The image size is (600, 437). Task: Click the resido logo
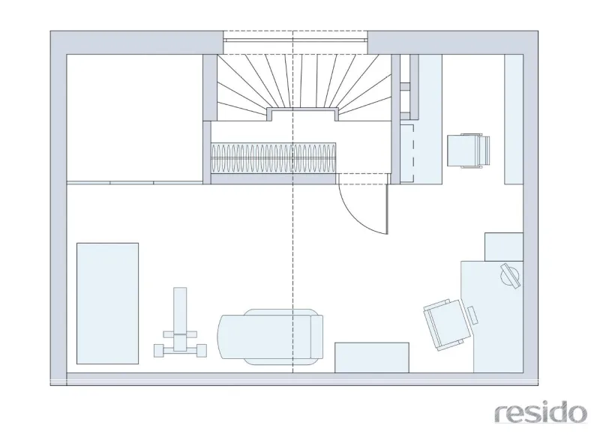[x=540, y=413]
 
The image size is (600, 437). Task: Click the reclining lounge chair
[x=270, y=337]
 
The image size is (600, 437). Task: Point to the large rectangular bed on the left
[x=107, y=303]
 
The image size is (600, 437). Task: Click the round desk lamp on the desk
[x=510, y=275]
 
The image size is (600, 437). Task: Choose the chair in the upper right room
[x=468, y=150]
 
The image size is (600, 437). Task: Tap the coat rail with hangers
[x=273, y=158]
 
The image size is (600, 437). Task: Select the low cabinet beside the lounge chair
[x=372, y=358]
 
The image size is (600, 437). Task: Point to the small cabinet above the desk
[x=504, y=247]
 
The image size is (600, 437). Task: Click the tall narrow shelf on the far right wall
[x=514, y=119]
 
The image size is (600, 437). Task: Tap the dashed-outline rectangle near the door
[x=406, y=152]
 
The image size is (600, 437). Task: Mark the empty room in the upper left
[x=135, y=118]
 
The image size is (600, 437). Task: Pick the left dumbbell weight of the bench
[x=159, y=351]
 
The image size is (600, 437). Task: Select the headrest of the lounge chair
[x=316, y=337]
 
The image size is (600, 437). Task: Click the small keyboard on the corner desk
[x=473, y=316]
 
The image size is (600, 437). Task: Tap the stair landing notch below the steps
[x=302, y=115]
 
